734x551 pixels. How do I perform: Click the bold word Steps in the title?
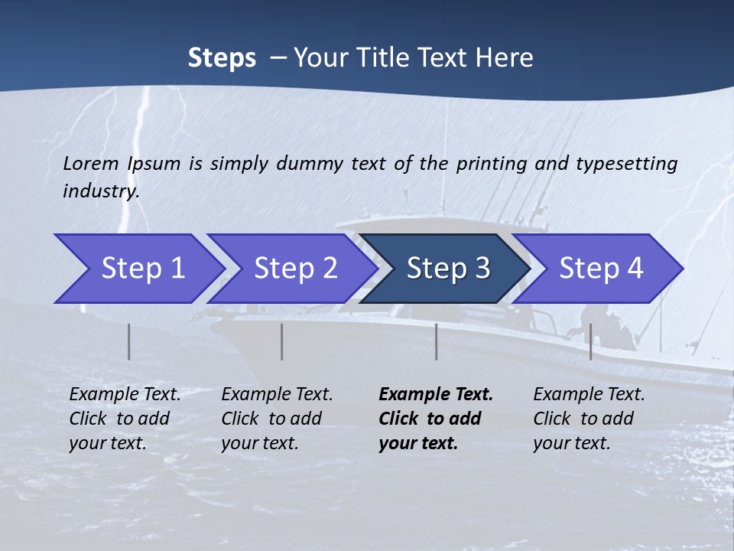point(222,58)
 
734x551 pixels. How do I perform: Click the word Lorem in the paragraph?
point(91,163)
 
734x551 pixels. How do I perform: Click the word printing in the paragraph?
point(492,164)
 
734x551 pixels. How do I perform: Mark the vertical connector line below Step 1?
point(129,341)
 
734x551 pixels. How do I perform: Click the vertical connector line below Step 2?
point(282,341)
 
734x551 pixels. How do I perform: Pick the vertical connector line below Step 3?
point(437,341)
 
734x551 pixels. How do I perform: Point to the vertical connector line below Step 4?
point(590,341)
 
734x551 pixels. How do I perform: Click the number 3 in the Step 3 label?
point(482,269)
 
